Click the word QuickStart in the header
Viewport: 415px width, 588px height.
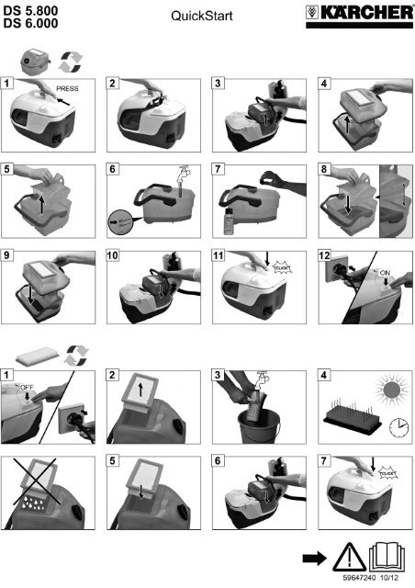(x=202, y=16)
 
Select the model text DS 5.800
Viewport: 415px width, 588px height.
(x=30, y=10)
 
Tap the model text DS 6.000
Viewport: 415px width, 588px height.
(x=30, y=23)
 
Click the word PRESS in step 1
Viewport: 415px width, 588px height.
(x=67, y=89)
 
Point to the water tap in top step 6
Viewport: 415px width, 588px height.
(x=183, y=175)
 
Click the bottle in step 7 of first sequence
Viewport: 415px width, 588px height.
(x=229, y=221)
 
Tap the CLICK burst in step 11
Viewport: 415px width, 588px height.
(x=282, y=268)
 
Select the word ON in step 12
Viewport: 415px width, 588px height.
(x=385, y=273)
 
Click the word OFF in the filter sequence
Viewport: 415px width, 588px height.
(x=27, y=388)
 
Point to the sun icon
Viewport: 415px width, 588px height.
(x=391, y=390)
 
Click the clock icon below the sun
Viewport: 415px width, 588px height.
(x=398, y=428)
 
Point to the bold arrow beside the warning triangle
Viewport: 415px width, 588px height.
(x=314, y=559)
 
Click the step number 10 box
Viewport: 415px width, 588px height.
(x=112, y=255)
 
